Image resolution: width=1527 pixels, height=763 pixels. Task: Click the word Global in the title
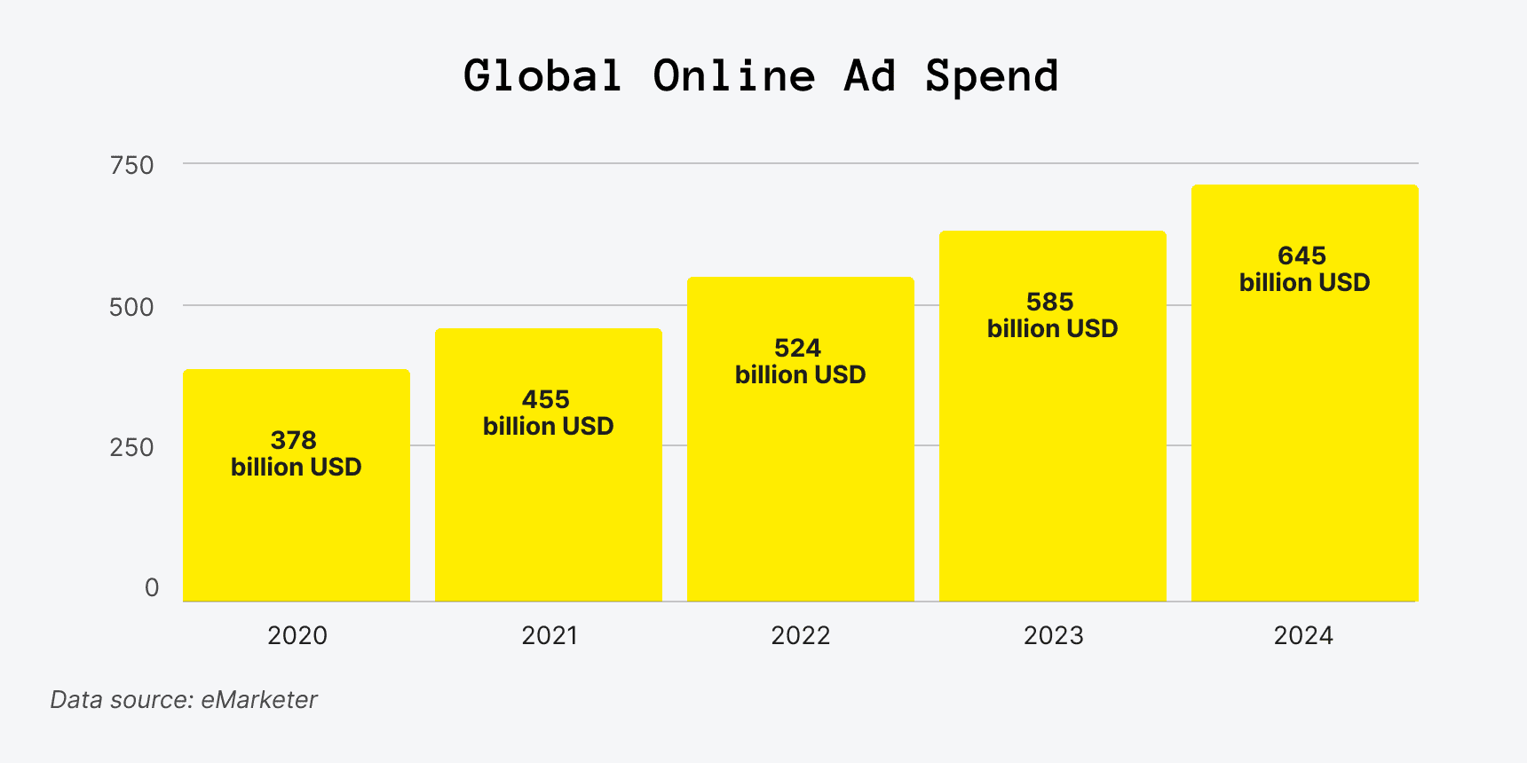pyautogui.click(x=542, y=76)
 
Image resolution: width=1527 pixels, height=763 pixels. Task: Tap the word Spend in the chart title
pyautogui.click(x=991, y=76)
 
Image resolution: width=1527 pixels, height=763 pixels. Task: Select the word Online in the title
pyautogui.click(x=733, y=76)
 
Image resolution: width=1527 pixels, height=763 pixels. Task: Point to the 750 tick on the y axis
pyautogui.click(x=131, y=165)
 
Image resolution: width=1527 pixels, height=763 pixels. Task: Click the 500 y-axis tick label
pyautogui.click(x=131, y=307)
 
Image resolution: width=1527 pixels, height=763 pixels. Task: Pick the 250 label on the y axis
pyautogui.click(x=131, y=447)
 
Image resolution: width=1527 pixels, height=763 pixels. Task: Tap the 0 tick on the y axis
pyautogui.click(x=152, y=587)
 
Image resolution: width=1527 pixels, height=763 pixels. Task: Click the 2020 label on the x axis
pyautogui.click(x=297, y=635)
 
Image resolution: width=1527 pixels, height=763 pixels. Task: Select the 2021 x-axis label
pyautogui.click(x=549, y=635)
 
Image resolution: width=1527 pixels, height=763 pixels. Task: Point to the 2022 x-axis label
pyautogui.click(x=800, y=635)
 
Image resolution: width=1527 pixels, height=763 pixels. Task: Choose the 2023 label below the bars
pyautogui.click(x=1053, y=635)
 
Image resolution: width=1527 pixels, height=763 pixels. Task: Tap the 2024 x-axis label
pyautogui.click(x=1303, y=635)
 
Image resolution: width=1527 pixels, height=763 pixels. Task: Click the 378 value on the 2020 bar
pyautogui.click(x=294, y=440)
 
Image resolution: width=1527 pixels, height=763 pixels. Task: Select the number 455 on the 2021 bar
pyautogui.click(x=546, y=399)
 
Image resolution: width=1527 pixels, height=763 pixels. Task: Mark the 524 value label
pyautogui.click(x=797, y=348)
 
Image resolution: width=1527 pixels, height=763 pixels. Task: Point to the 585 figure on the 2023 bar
pyautogui.click(x=1050, y=302)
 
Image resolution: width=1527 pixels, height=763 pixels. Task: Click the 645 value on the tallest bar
pyautogui.click(x=1302, y=256)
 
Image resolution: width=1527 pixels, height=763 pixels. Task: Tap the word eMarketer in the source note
pyautogui.click(x=258, y=700)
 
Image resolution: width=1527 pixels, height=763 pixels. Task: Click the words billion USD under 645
pyautogui.click(x=1304, y=282)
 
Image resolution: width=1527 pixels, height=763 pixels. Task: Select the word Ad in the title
pyautogui.click(x=869, y=76)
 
